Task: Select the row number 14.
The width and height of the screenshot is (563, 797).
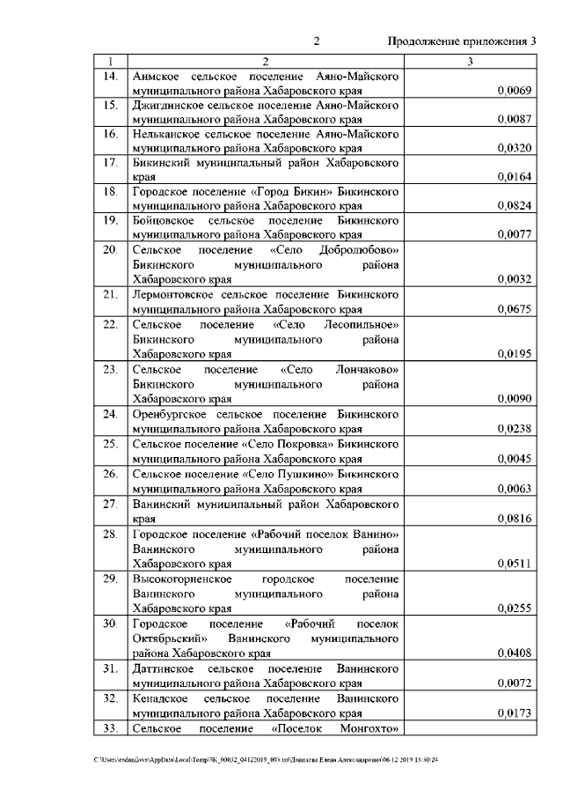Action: click(x=111, y=77)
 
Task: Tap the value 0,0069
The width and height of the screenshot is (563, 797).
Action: click(x=513, y=91)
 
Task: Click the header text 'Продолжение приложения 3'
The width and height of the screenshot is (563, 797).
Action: click(x=462, y=41)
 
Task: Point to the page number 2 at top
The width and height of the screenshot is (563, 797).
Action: click(x=317, y=41)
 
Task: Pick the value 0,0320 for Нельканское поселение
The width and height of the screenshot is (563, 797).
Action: click(x=513, y=148)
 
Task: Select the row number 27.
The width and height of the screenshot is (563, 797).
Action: click(x=111, y=506)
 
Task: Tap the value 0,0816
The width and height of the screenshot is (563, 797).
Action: click(x=513, y=520)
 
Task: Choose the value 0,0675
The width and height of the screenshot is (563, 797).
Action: click(x=513, y=309)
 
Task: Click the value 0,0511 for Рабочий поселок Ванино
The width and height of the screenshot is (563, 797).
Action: click(x=513, y=563)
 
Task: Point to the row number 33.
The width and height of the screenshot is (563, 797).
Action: click(x=111, y=728)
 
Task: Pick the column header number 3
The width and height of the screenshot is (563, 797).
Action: click(x=471, y=62)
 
